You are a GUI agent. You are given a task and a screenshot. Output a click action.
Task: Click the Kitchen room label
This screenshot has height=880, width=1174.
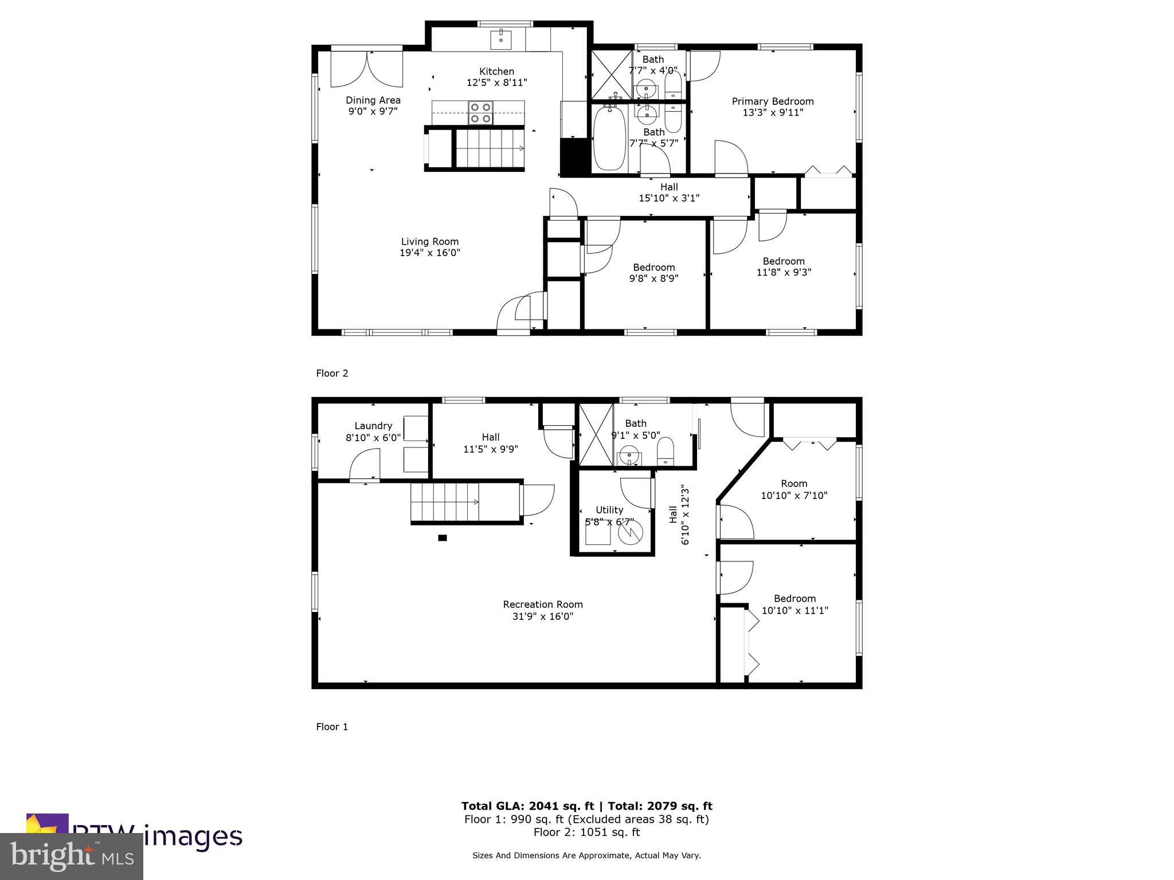click(496, 72)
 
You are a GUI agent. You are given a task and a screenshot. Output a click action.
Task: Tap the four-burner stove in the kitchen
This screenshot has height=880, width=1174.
click(480, 113)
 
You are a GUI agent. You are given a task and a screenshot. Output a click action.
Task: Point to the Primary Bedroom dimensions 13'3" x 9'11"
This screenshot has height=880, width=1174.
click(773, 113)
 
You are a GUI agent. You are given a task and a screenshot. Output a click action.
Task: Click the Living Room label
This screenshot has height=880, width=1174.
click(429, 242)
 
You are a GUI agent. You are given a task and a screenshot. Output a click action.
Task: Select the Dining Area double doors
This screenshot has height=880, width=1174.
click(367, 69)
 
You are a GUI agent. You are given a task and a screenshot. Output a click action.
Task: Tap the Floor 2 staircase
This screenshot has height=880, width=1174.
click(490, 148)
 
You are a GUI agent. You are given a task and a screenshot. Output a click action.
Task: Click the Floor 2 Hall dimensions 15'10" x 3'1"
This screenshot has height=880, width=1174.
click(669, 198)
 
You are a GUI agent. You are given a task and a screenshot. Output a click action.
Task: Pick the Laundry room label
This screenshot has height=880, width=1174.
click(373, 426)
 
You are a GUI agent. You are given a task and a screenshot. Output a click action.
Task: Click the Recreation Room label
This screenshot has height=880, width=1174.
click(543, 604)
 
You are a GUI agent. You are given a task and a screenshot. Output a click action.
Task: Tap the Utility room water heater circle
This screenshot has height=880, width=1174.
click(630, 533)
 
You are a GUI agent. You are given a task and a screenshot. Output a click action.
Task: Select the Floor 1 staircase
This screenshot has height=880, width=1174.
click(445, 502)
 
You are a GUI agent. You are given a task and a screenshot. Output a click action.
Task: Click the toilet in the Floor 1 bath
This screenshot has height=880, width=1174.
click(665, 451)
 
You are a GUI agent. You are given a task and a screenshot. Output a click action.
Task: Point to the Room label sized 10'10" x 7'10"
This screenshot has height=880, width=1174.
click(794, 484)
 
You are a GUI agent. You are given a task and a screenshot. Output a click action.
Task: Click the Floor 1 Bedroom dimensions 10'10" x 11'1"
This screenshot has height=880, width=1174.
click(794, 611)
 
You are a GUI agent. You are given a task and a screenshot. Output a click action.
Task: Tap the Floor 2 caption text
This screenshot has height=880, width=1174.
click(332, 374)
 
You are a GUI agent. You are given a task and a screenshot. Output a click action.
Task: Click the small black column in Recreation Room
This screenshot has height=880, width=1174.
click(442, 537)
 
